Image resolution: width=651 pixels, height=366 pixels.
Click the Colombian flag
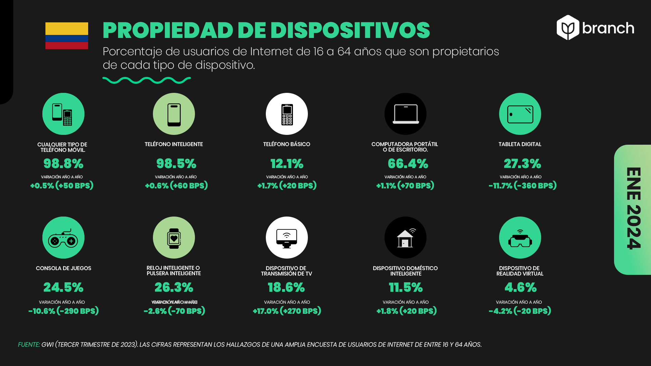67,36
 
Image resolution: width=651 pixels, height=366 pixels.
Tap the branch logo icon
568,28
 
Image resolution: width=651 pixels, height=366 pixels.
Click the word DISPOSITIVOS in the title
350,30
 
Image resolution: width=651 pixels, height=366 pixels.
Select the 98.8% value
63,164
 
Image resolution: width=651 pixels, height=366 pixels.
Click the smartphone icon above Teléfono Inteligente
174,114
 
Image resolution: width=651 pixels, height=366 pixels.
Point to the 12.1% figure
287,164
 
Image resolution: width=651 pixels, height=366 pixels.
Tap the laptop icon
406,114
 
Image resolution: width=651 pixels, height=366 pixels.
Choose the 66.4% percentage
408,164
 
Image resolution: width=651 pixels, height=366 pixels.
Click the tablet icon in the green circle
520,114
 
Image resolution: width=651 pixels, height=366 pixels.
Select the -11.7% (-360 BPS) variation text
522,186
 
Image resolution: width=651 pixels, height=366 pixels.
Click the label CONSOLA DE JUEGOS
63,268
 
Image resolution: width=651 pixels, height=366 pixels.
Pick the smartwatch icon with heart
174,238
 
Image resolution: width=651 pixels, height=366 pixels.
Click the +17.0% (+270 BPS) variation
287,311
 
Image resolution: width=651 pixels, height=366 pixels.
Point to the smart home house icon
406,238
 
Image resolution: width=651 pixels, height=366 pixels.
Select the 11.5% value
406,288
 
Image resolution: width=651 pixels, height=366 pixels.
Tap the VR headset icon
520,239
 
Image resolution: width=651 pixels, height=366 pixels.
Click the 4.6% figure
520,288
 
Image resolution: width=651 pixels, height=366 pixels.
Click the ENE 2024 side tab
633,209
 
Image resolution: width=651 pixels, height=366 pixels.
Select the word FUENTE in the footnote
29,345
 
